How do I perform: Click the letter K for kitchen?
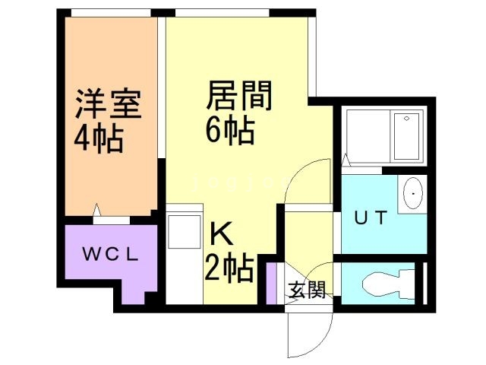tap(216, 232)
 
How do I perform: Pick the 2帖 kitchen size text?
tap(229, 267)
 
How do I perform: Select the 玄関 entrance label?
tap(307, 289)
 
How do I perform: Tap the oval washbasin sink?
tap(412, 195)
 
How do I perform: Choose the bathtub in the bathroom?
tap(407, 137)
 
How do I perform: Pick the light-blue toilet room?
tap(380, 286)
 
